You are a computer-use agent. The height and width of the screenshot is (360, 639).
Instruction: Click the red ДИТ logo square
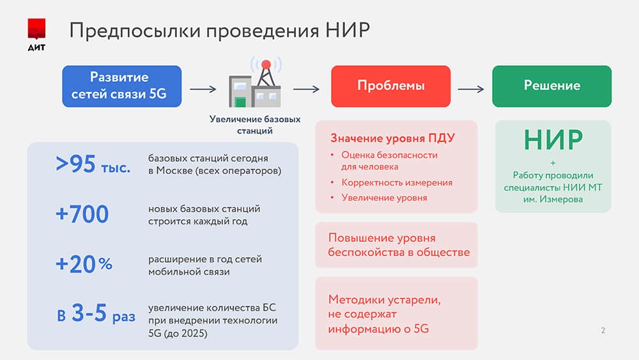pyautogui.click(x=36, y=29)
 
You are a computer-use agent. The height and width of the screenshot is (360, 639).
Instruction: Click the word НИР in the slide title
pyautogui.click(x=348, y=30)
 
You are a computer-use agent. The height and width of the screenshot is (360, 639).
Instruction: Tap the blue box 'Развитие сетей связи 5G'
pyautogui.click(x=122, y=86)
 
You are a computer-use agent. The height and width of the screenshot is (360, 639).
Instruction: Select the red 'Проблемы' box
pyautogui.click(x=391, y=86)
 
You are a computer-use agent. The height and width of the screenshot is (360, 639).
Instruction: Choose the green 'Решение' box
pyautogui.click(x=552, y=86)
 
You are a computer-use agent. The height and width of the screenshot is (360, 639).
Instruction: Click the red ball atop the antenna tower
pyautogui.click(x=266, y=65)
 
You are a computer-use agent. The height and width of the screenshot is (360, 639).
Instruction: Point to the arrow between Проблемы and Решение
pyautogui.click(x=471, y=89)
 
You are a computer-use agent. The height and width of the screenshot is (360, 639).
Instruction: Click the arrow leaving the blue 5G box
pyautogui.click(x=203, y=89)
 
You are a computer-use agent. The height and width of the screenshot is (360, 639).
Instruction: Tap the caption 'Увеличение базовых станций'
pyautogui.click(x=255, y=125)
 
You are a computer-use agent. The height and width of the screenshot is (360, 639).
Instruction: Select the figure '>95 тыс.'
pyautogui.click(x=93, y=164)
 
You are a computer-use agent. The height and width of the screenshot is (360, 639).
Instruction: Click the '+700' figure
pyautogui.click(x=82, y=214)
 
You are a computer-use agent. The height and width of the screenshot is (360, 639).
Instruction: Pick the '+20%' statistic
pyautogui.click(x=84, y=264)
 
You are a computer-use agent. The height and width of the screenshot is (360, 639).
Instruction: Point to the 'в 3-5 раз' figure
pyautogui.click(x=96, y=313)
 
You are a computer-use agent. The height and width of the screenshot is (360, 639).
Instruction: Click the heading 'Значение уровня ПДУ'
pyautogui.click(x=392, y=138)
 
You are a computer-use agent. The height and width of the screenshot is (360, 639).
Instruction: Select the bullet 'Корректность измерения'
pyautogui.click(x=397, y=183)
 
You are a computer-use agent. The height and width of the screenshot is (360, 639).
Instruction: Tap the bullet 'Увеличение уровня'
pyautogui.click(x=384, y=198)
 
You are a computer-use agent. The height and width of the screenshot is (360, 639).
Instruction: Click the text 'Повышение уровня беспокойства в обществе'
pyautogui.click(x=399, y=245)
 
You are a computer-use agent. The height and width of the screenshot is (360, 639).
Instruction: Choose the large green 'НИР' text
pyautogui.click(x=553, y=140)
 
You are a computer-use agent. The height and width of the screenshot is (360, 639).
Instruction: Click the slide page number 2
pyautogui.click(x=603, y=330)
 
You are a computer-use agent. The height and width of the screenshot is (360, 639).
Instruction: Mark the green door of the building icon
pyautogui.click(x=240, y=102)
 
